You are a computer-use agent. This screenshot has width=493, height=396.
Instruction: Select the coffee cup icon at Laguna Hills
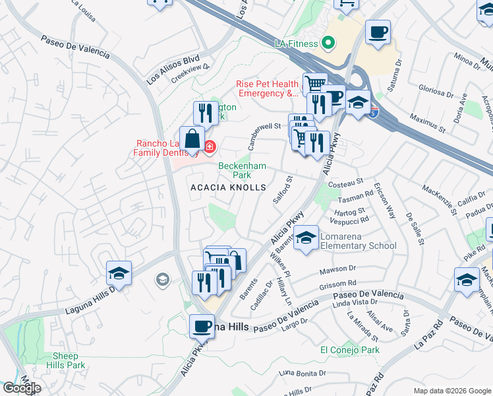[x=202, y=325]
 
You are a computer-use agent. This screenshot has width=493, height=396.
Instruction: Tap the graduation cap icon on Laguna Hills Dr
[x=119, y=273]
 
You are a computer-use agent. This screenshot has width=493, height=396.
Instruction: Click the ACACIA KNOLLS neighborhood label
[x=228, y=187]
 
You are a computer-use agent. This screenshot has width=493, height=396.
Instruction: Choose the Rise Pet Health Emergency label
[x=267, y=88]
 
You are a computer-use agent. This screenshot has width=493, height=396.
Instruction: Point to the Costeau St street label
[x=347, y=180]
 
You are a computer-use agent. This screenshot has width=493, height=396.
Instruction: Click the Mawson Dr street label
[x=338, y=269]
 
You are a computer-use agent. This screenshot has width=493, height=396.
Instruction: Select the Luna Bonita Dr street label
[x=303, y=373]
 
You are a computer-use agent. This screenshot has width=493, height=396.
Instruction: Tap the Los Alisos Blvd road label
[x=163, y=69]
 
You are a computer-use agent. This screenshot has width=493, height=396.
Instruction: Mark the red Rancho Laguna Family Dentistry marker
[x=210, y=146]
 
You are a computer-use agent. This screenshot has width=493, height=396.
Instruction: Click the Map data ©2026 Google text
[x=452, y=391]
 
